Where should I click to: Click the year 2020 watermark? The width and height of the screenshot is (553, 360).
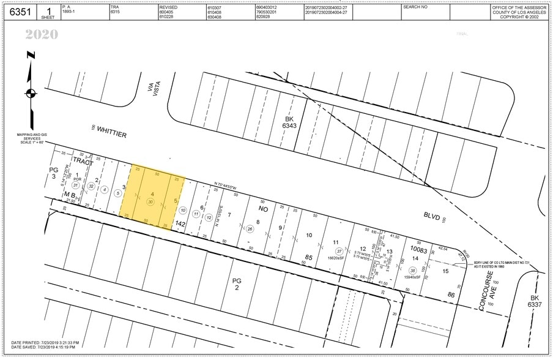pyautogui.click(x=42, y=35)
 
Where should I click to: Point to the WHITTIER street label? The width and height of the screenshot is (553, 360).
pyautogui.click(x=111, y=132)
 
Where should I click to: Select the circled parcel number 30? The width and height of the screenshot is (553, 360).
pyautogui.click(x=150, y=201)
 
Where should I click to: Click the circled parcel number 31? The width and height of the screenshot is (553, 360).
pyautogui.click(x=76, y=185)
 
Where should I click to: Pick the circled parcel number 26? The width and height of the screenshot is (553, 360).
pyautogui.click(x=250, y=229)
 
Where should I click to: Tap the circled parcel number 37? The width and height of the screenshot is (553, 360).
pyautogui.click(x=338, y=251)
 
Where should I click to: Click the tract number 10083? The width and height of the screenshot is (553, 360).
pyautogui.click(x=418, y=250)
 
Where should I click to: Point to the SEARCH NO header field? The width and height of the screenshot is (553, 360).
pyautogui.click(x=416, y=7)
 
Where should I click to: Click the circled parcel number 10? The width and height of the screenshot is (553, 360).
pyautogui.click(x=182, y=210)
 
